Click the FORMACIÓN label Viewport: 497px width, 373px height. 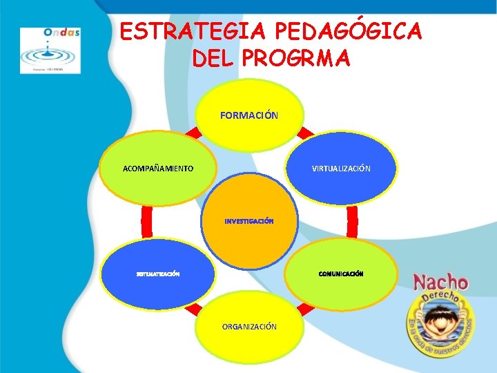[x=249, y=115]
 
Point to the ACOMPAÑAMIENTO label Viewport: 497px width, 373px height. [x=157, y=169]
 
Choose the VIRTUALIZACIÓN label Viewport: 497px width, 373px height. [x=341, y=169]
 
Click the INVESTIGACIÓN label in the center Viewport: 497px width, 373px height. [x=249, y=222]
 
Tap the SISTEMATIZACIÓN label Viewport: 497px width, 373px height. [x=157, y=274]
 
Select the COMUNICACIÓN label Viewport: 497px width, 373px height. [x=341, y=274]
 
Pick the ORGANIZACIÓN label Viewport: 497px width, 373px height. [x=249, y=326]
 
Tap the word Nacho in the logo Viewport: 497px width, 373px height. [x=440, y=282]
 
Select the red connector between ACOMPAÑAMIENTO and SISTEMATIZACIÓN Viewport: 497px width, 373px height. [x=146, y=222]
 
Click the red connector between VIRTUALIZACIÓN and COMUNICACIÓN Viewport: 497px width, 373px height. [x=353, y=222]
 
